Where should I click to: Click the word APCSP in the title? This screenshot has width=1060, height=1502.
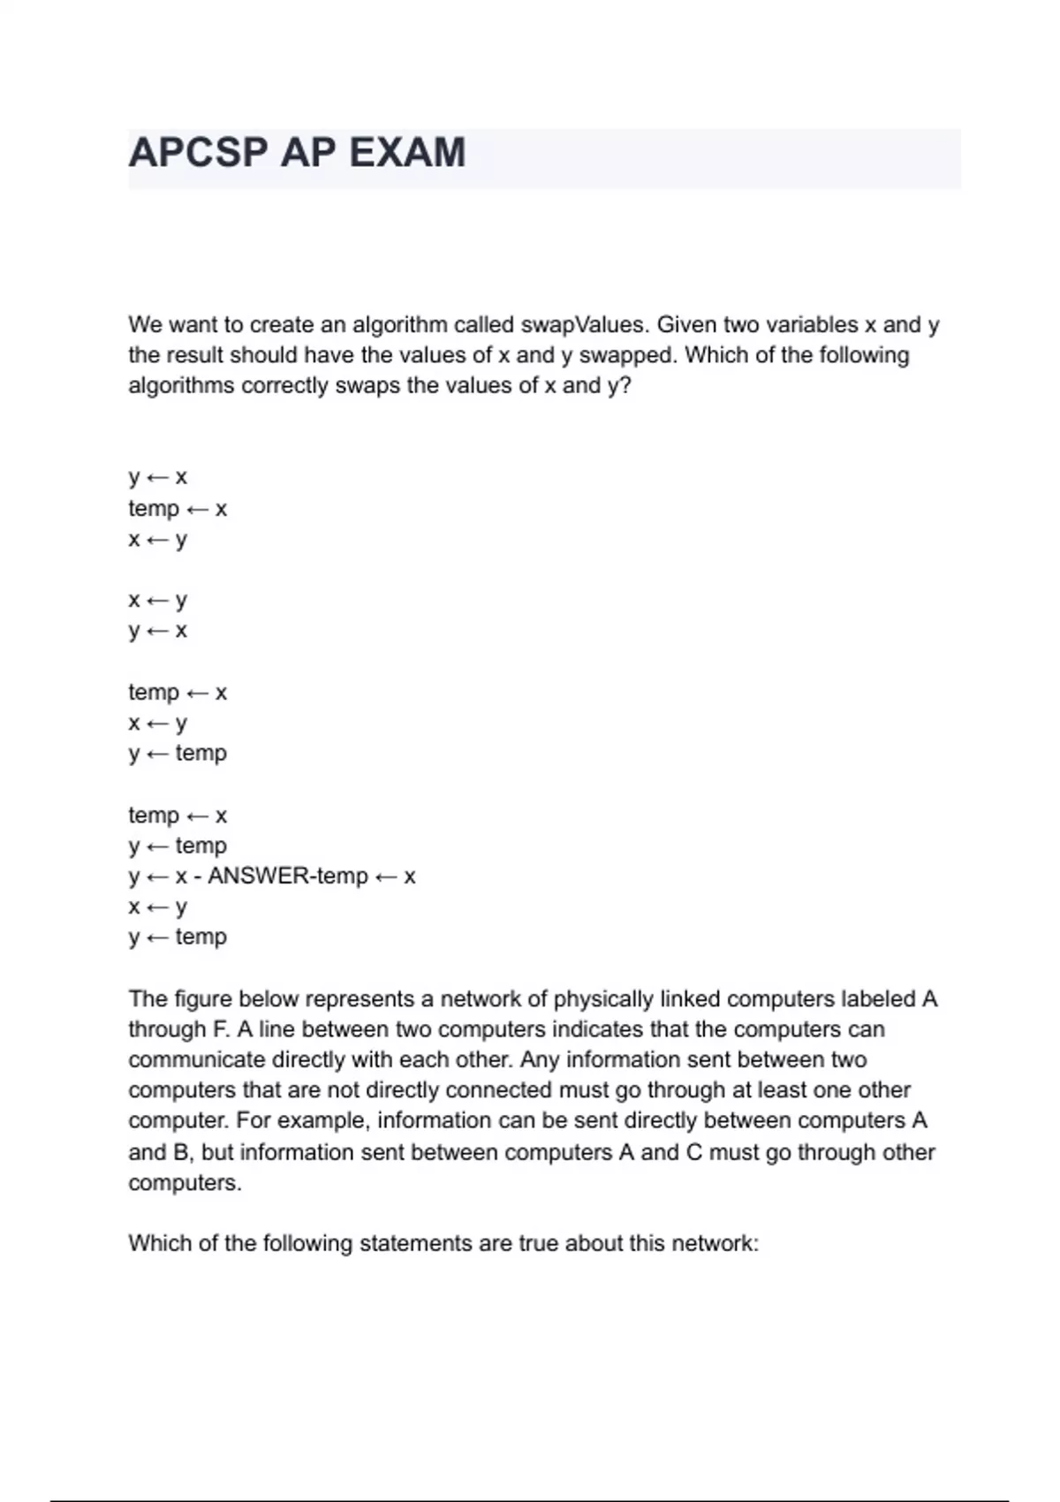(x=198, y=153)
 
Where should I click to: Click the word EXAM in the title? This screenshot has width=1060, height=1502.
(x=407, y=153)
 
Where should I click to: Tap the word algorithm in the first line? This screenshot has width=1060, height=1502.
(x=399, y=325)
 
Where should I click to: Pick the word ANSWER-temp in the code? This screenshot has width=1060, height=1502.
(x=287, y=876)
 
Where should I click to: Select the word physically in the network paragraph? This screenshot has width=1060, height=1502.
(x=602, y=999)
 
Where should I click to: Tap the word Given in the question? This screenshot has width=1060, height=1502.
(x=685, y=325)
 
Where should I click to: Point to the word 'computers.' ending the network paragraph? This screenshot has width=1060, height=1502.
(x=185, y=1183)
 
